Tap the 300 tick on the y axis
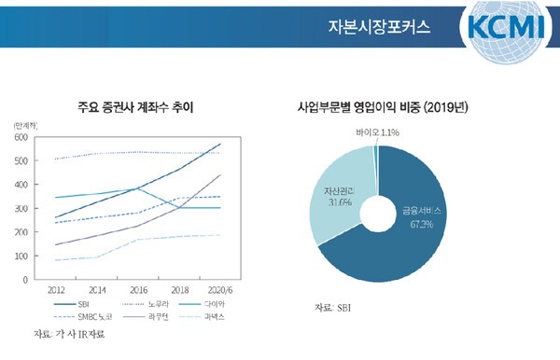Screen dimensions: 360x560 click(20, 208)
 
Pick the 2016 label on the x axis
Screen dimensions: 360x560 click(138, 288)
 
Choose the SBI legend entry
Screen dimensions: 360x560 click(77, 304)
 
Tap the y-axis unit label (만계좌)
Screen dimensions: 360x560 click(25, 124)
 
